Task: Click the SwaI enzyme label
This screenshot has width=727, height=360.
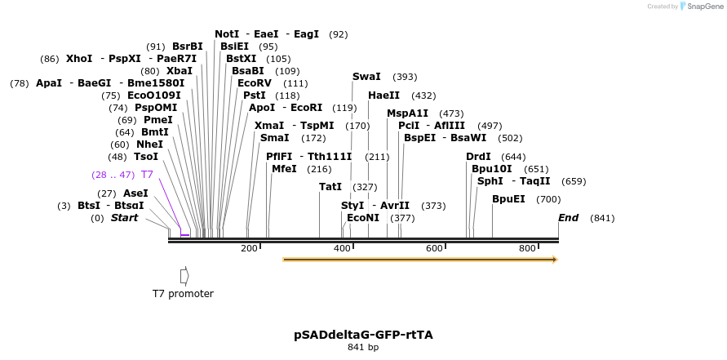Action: point(366,77)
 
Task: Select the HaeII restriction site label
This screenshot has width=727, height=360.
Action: point(383,96)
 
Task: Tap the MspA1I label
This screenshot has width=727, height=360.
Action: point(407,113)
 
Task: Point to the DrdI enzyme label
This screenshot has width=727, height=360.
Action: point(478,157)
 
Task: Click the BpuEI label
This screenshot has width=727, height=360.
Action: point(508,199)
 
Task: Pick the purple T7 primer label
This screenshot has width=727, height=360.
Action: point(147,175)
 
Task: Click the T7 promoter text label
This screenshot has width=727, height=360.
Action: point(183,294)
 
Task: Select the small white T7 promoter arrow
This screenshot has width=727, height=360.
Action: point(184,275)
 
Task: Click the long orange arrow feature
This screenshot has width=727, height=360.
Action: point(419,260)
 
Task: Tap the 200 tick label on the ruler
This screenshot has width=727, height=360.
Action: point(249,248)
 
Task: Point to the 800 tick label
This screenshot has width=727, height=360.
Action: point(527,248)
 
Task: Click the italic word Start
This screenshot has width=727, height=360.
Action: point(124,218)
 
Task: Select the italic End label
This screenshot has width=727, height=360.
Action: point(568,218)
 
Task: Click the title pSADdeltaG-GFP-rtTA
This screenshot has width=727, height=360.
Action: point(363,335)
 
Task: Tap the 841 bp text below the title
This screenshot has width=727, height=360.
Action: point(363,347)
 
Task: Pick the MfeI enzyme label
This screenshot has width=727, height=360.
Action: point(284,169)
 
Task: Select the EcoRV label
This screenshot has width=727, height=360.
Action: point(255,83)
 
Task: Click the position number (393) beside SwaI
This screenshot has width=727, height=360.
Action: point(405,77)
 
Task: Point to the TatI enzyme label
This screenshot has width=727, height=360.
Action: point(330,187)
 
